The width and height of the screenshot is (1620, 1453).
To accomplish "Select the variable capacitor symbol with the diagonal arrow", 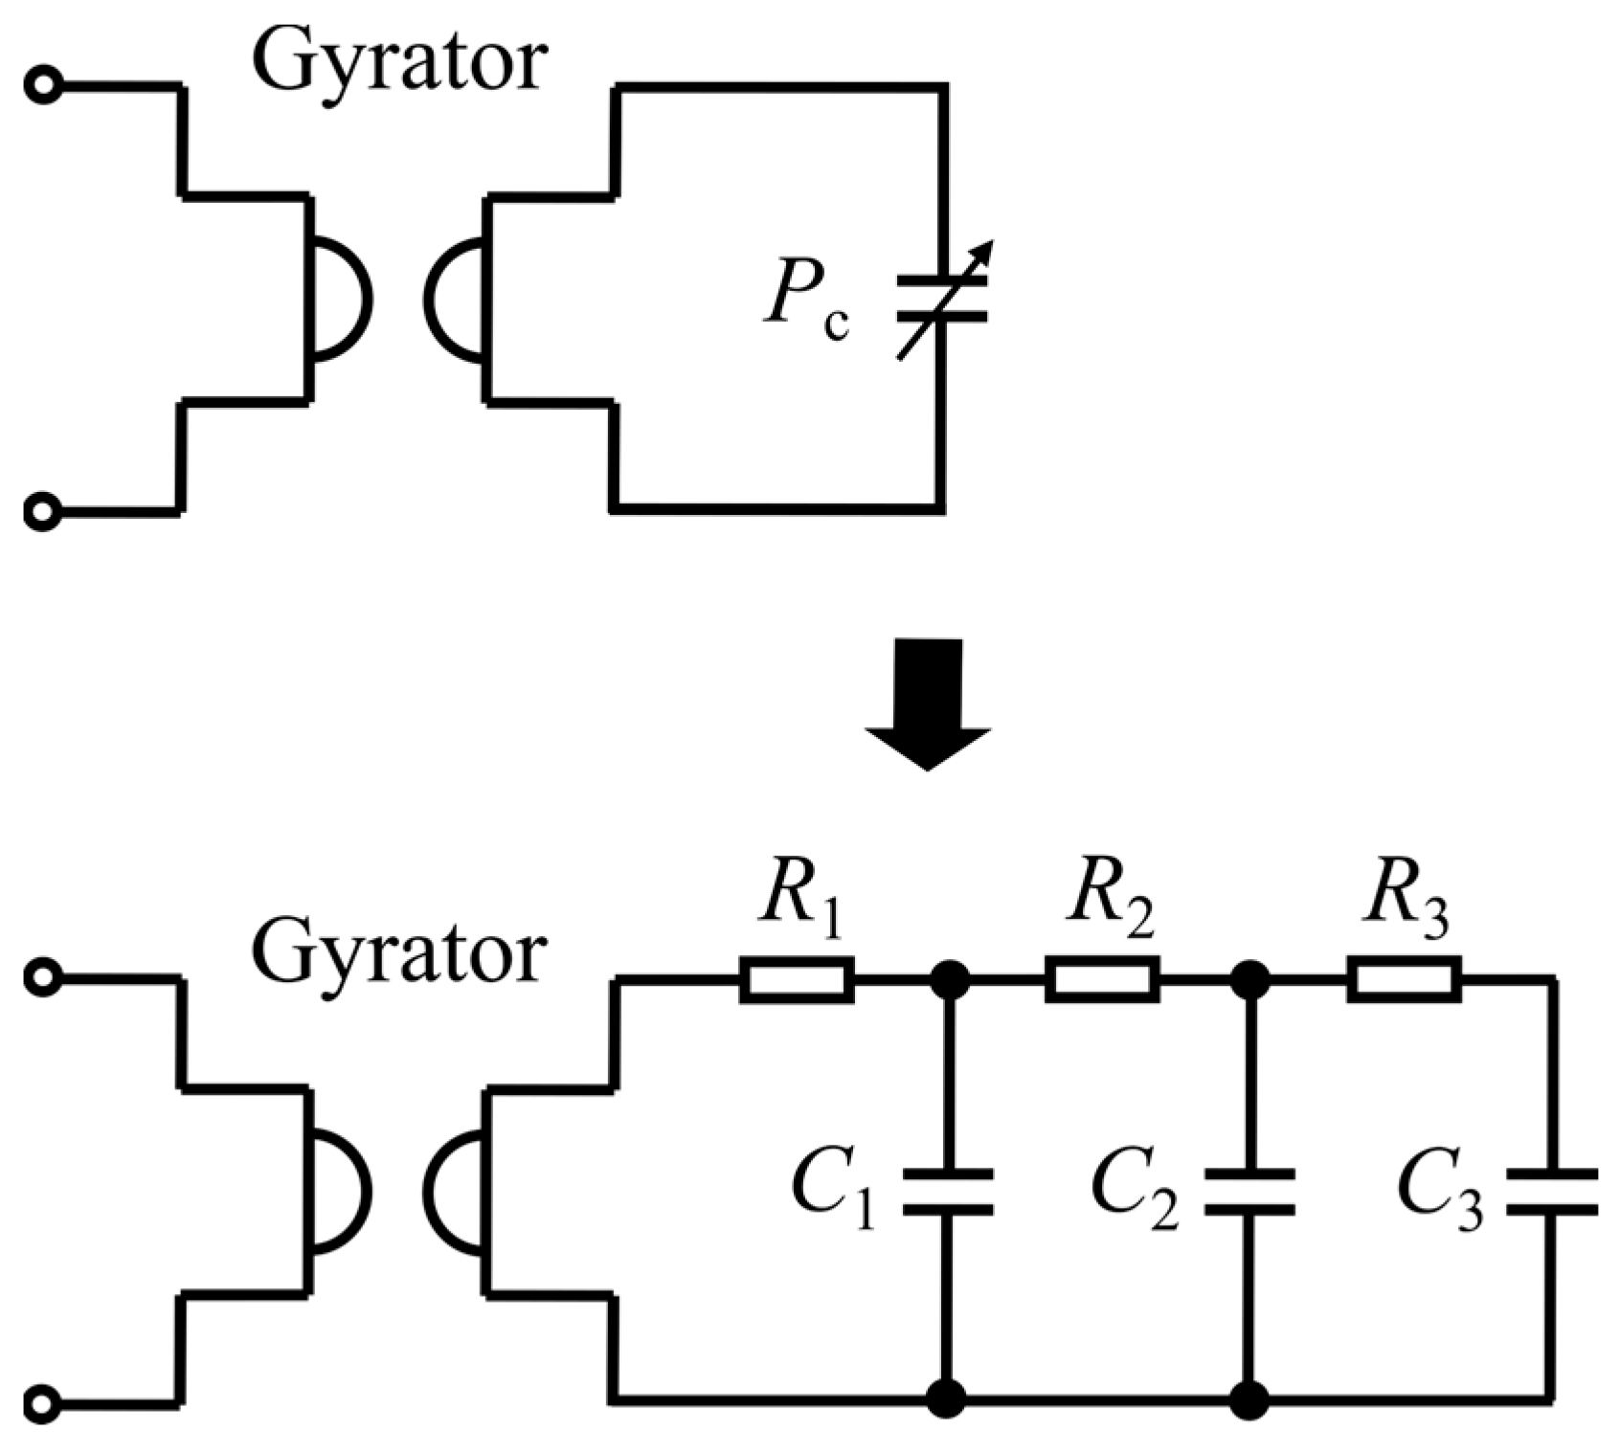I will [x=943, y=300].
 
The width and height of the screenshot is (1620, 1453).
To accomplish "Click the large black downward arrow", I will [x=927, y=704].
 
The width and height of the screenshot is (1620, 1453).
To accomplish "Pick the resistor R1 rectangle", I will [x=797, y=979].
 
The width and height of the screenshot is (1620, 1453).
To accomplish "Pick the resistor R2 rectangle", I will [x=1101, y=979].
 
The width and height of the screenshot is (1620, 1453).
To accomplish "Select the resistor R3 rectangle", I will [x=1405, y=979].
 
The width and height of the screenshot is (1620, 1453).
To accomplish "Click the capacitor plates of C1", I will [x=948, y=1192].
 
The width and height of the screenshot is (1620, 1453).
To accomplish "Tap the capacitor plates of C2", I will [x=1249, y=1192].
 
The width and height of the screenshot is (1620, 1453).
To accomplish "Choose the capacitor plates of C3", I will [x=1551, y=1192].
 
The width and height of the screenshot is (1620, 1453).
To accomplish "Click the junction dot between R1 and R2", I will [x=950, y=979].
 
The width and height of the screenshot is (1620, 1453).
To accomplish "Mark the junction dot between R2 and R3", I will [x=1249, y=979].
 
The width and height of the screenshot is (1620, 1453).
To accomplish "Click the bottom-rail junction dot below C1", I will [x=948, y=1399].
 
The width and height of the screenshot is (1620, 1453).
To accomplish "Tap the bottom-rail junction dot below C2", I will [x=1249, y=1399].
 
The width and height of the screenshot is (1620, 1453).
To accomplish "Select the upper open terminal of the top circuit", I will [x=42, y=86].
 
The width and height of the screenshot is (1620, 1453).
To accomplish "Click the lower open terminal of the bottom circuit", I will [x=42, y=1404].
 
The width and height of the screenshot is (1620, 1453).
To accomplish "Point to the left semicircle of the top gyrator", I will [x=340, y=299].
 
